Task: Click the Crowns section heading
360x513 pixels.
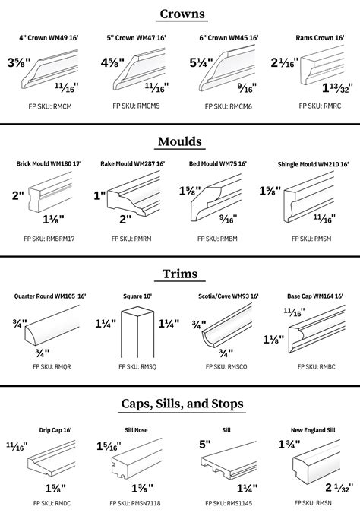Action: (180, 14)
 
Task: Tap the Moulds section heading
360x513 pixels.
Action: (180, 141)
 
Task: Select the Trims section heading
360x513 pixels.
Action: (180, 274)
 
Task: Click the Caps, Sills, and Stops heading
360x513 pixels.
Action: (180, 403)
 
